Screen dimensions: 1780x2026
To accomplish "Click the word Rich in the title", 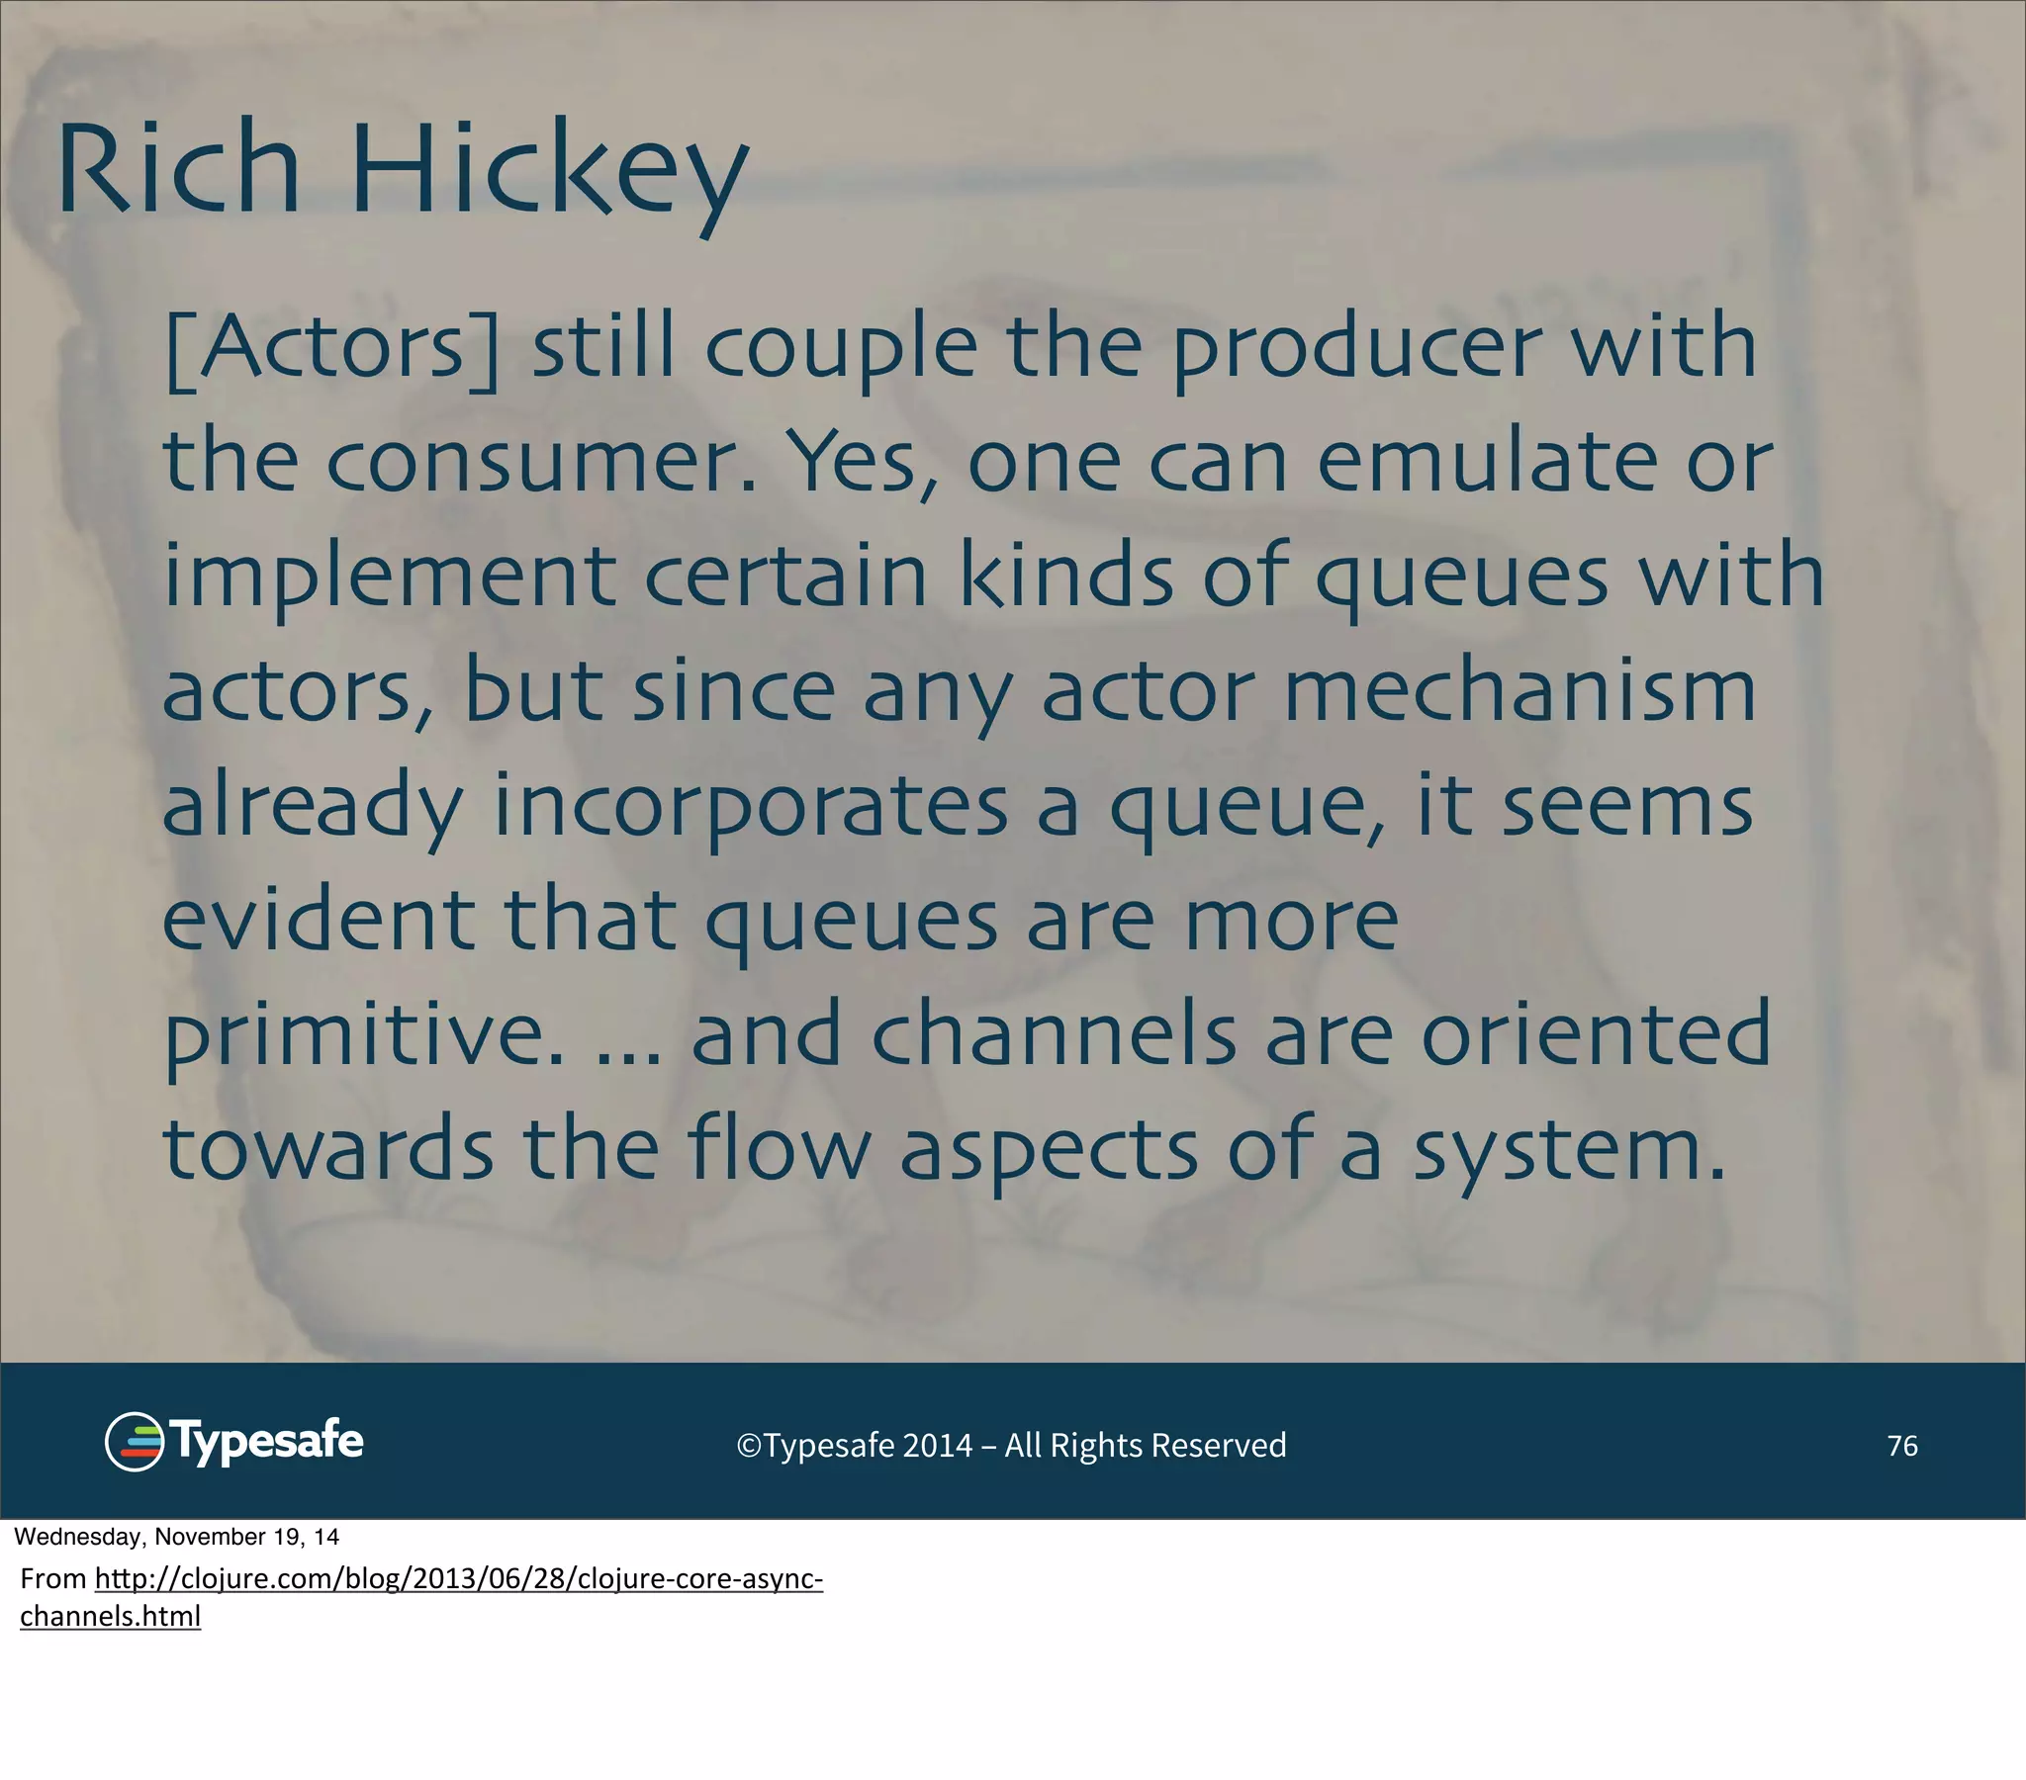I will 178,168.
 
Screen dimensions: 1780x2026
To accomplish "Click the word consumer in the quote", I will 541,464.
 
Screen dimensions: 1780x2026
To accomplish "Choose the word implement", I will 390,578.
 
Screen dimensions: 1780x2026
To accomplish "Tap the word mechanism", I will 1519,691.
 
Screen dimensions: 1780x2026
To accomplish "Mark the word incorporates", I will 750,808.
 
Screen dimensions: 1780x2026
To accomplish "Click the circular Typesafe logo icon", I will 134,1442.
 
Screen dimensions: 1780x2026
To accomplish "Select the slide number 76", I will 1902,1446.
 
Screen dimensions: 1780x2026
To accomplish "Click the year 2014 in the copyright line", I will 938,1446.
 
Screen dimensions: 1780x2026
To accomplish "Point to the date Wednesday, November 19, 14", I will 176,1537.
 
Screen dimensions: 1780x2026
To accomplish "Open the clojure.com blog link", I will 458,1579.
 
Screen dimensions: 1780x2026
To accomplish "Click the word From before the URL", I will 53,1579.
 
